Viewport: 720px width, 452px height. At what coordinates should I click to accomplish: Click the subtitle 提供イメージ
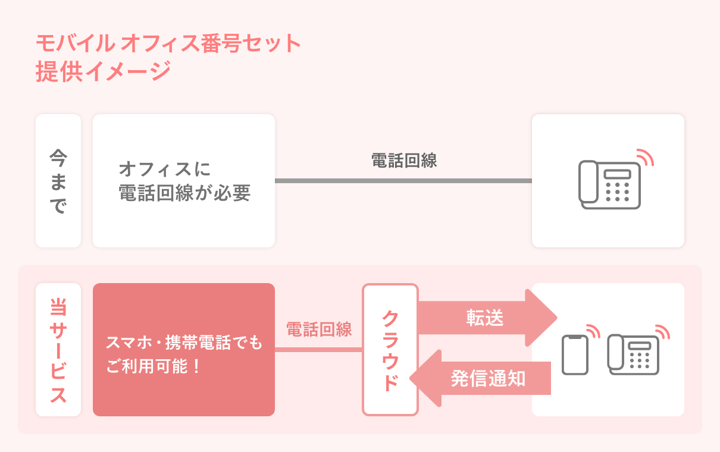pyautogui.click(x=103, y=71)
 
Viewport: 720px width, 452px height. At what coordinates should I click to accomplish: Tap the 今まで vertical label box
pyautogui.click(x=58, y=181)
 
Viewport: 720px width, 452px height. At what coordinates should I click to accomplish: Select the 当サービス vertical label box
pyautogui.click(x=58, y=350)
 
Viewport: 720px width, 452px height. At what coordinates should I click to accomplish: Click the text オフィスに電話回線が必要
pyautogui.click(x=184, y=181)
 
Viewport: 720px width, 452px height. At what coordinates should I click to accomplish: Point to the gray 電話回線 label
pyautogui.click(x=404, y=161)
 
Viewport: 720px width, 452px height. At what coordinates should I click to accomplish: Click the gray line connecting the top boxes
pyautogui.click(x=403, y=181)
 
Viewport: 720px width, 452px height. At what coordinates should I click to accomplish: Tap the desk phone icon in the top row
pyautogui.click(x=609, y=185)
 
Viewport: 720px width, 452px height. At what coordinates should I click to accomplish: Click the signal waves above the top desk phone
pyautogui.click(x=644, y=156)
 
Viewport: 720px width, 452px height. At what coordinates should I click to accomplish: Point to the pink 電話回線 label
pyautogui.click(x=319, y=329)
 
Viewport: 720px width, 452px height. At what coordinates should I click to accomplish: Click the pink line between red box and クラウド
pyautogui.click(x=318, y=350)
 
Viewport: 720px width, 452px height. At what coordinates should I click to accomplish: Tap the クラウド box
pyautogui.click(x=390, y=350)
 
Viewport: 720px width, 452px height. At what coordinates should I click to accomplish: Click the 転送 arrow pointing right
pyautogui.click(x=486, y=318)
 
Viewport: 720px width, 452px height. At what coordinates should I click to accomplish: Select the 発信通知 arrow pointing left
pyautogui.click(x=486, y=378)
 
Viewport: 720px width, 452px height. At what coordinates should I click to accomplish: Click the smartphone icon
pyautogui.click(x=575, y=355)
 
